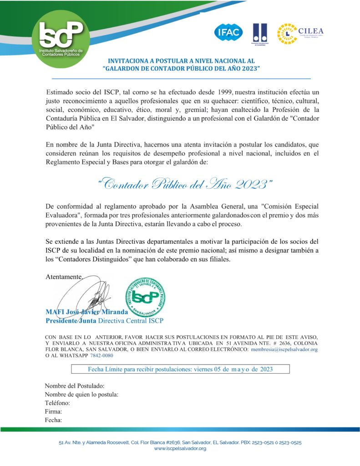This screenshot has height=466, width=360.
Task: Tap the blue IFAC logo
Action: coord(228,32)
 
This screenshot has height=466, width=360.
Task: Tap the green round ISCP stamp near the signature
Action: coord(146,296)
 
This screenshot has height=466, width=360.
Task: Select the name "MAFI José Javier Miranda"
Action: coord(86,312)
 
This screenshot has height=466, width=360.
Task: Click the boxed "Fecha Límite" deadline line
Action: coord(180,369)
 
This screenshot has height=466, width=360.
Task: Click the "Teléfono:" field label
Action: coord(57,403)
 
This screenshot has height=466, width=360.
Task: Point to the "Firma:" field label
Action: coord(53,411)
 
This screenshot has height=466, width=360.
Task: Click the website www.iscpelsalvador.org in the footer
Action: coord(180,448)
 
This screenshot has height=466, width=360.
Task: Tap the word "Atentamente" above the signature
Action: coord(64,276)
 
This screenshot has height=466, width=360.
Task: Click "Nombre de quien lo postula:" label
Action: coord(81,395)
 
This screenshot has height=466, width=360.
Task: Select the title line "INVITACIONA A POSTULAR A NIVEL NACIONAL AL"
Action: coord(181,61)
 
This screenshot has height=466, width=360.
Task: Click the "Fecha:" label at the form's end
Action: coord(53,420)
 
